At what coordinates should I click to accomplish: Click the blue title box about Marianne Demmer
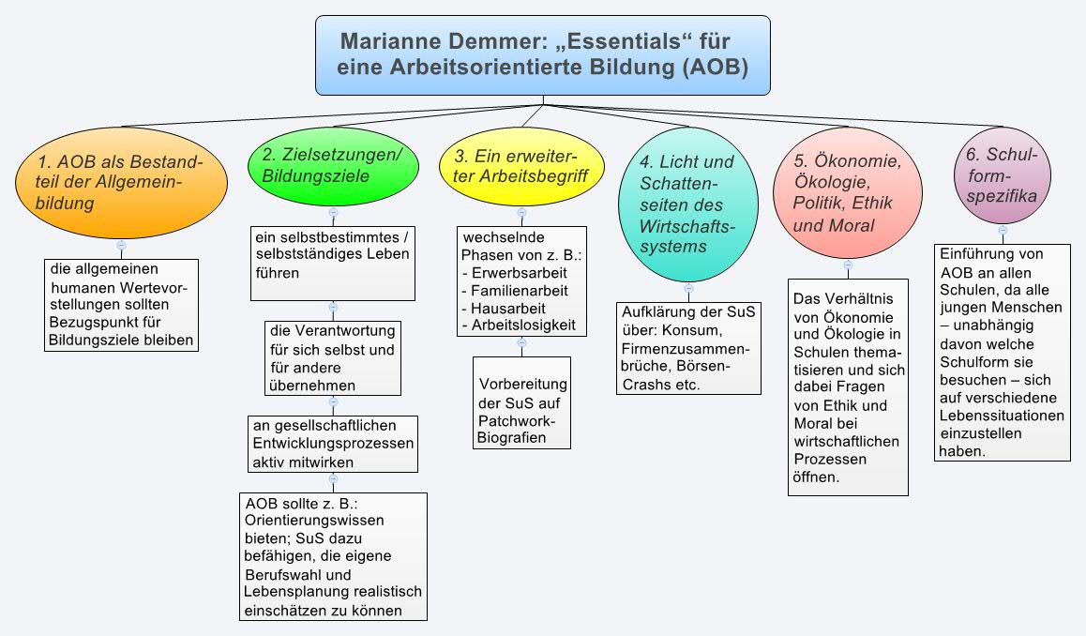[x=542, y=54]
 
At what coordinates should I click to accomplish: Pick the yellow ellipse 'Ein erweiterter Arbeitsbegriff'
[x=521, y=165]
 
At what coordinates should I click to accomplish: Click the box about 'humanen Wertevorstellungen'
[x=122, y=305]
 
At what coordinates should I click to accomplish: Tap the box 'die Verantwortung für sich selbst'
[x=332, y=357]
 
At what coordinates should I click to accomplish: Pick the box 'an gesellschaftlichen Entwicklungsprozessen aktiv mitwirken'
[x=332, y=443]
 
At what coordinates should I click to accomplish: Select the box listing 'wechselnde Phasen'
[x=521, y=280]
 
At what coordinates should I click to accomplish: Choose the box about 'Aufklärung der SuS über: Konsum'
[x=687, y=348]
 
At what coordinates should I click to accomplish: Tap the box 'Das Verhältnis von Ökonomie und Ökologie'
[x=847, y=386]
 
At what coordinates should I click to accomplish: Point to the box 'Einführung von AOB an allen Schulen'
[x=1002, y=352]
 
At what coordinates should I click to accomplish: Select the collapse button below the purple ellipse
[x=1002, y=230]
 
